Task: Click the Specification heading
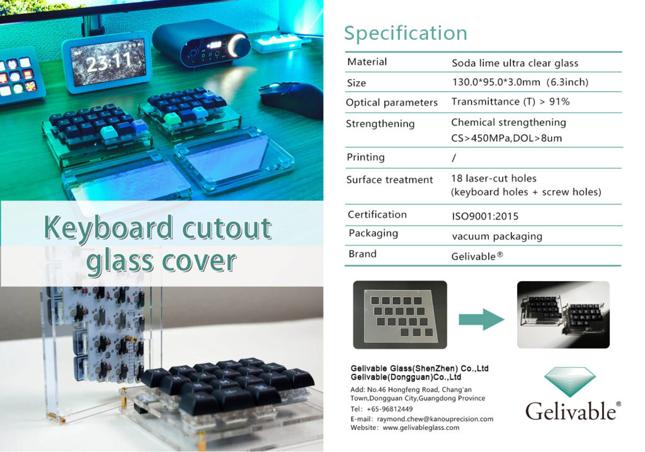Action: coord(406,33)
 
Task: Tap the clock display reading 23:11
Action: coord(108,62)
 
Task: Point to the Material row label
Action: coord(367,62)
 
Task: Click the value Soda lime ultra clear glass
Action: coord(515,63)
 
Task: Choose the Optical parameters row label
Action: coord(392,102)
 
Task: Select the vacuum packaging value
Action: coord(497,236)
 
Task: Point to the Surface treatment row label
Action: coord(389,180)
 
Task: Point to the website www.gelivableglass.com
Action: coord(421,427)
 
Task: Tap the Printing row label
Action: coord(365,157)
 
